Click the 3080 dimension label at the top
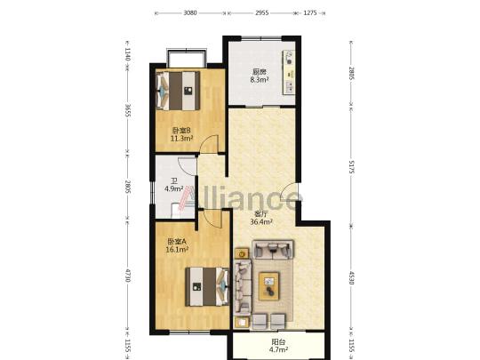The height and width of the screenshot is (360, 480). [x=190, y=13]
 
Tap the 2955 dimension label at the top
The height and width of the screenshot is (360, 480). [x=261, y=13]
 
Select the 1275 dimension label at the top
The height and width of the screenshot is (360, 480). [x=310, y=13]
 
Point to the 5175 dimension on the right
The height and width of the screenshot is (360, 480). [x=351, y=166]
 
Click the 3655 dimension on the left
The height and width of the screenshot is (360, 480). [x=128, y=111]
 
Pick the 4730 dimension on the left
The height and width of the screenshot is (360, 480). [x=128, y=276]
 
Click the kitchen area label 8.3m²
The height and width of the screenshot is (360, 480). [x=260, y=80]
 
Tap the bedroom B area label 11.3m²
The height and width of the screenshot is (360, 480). [x=181, y=139]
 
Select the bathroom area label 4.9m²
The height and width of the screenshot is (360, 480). [x=174, y=188]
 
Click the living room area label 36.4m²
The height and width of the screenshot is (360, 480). [x=261, y=222]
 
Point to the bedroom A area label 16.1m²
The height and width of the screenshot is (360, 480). [x=177, y=250]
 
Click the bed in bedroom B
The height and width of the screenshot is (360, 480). [x=178, y=91]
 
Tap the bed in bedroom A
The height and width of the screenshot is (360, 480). [x=207, y=286]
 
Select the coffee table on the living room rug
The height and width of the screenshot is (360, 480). [x=268, y=286]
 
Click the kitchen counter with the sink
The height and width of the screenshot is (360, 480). [x=289, y=73]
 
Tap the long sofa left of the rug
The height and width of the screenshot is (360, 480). [x=243, y=287]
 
